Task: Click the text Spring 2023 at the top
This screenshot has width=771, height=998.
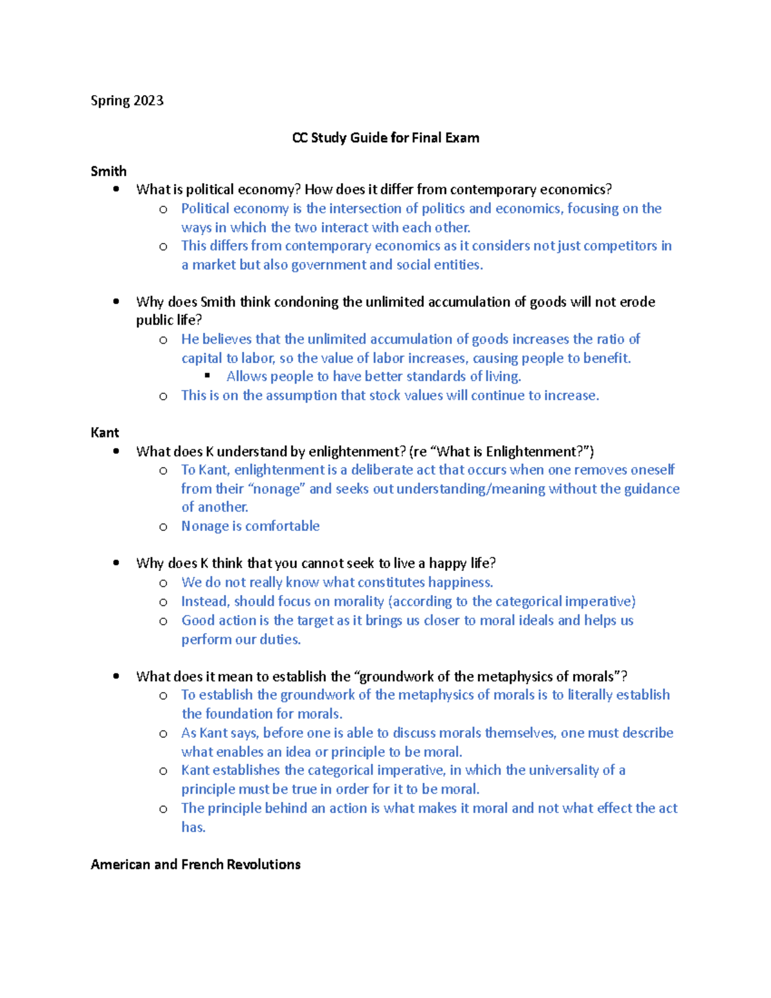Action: (127, 101)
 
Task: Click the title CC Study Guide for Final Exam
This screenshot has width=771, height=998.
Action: (385, 138)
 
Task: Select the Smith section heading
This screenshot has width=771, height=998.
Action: (109, 172)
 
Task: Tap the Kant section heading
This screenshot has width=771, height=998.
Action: (105, 432)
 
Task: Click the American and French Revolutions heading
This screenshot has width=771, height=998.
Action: (195, 864)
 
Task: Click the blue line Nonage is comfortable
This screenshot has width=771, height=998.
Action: (250, 526)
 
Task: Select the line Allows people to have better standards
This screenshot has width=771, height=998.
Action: (373, 377)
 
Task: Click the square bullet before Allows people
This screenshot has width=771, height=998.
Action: (208, 376)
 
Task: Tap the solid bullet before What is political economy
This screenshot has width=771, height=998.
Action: (116, 189)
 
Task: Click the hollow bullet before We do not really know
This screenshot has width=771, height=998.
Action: (163, 584)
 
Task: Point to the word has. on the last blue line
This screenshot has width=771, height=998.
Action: (193, 828)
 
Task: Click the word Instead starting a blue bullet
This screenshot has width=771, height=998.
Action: (205, 601)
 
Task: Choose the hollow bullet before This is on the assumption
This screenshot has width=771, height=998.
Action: (163, 397)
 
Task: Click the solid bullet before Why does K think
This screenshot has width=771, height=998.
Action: (116, 563)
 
